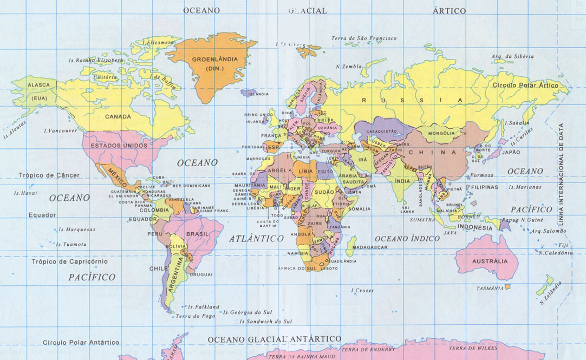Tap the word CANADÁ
[118, 116]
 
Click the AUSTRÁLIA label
[490, 261]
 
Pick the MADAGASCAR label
[370, 247]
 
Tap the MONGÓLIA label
[441, 133]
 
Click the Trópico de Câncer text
[49, 175]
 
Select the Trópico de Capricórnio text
[69, 261]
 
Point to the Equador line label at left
[42, 215]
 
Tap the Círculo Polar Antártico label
[81, 342]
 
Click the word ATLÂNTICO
[256, 238]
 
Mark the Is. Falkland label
[203, 307]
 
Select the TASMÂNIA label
[490, 289]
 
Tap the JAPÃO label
[511, 152]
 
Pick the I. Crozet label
[362, 291]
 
